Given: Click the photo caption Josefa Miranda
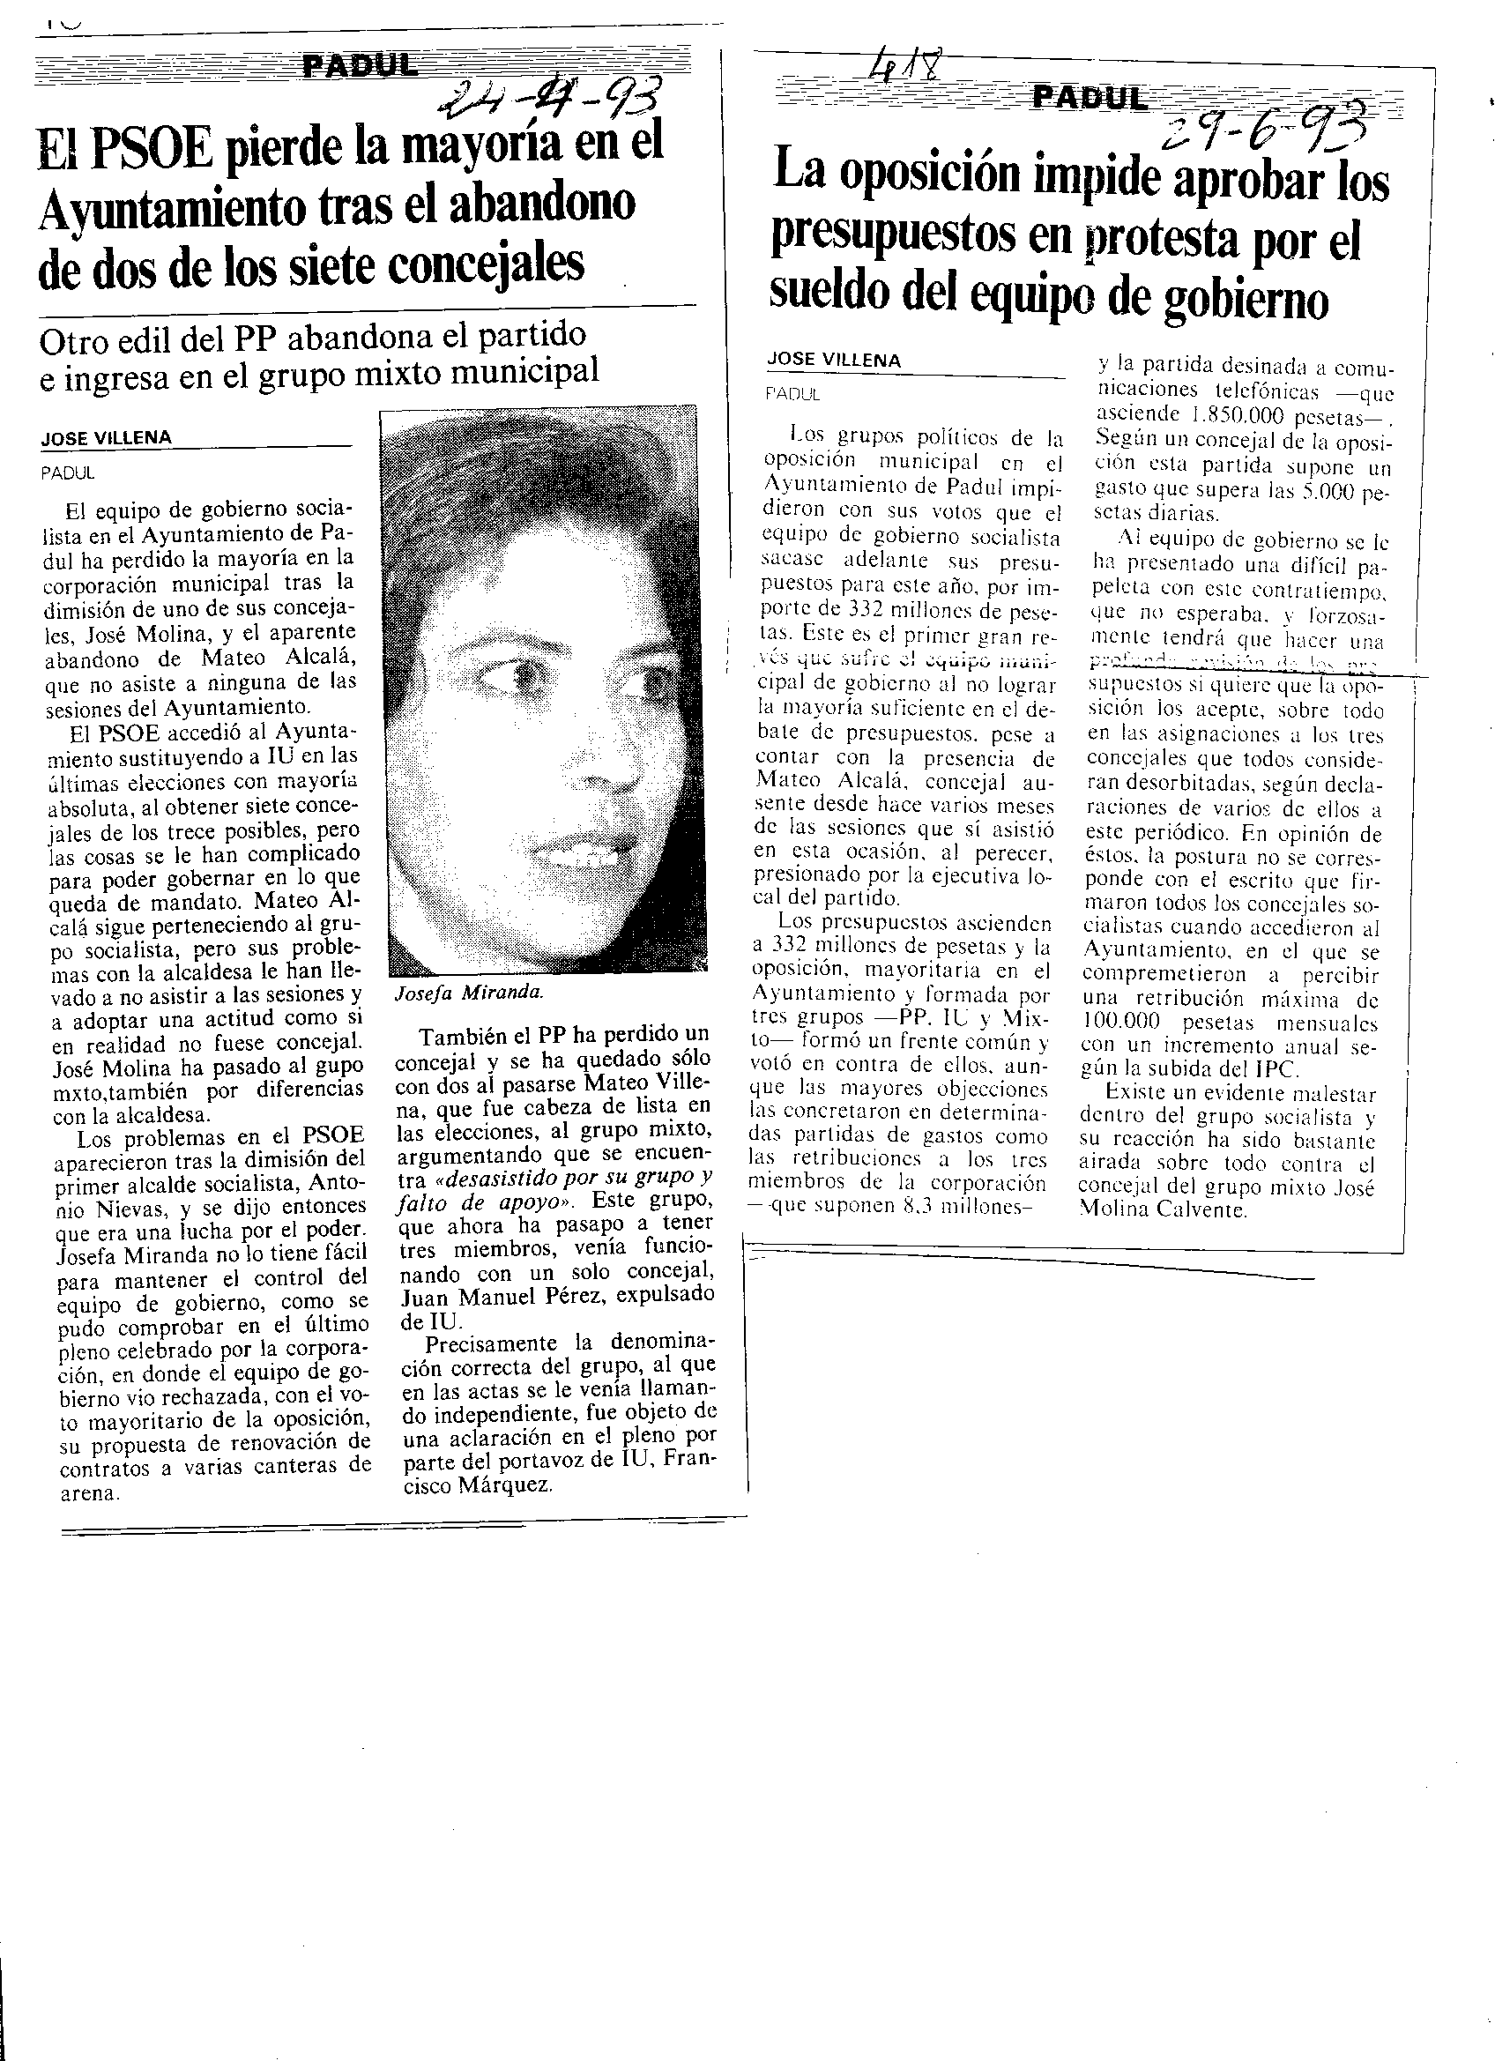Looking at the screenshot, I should [469, 993].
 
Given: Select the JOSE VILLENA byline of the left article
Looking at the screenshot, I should [107, 438].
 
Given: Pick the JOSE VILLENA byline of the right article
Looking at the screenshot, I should [833, 360].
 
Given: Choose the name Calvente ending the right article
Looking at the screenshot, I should [1199, 1210].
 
